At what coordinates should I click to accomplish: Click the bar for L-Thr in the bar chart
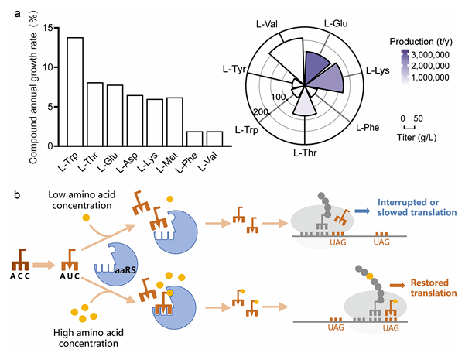pos(95,115)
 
